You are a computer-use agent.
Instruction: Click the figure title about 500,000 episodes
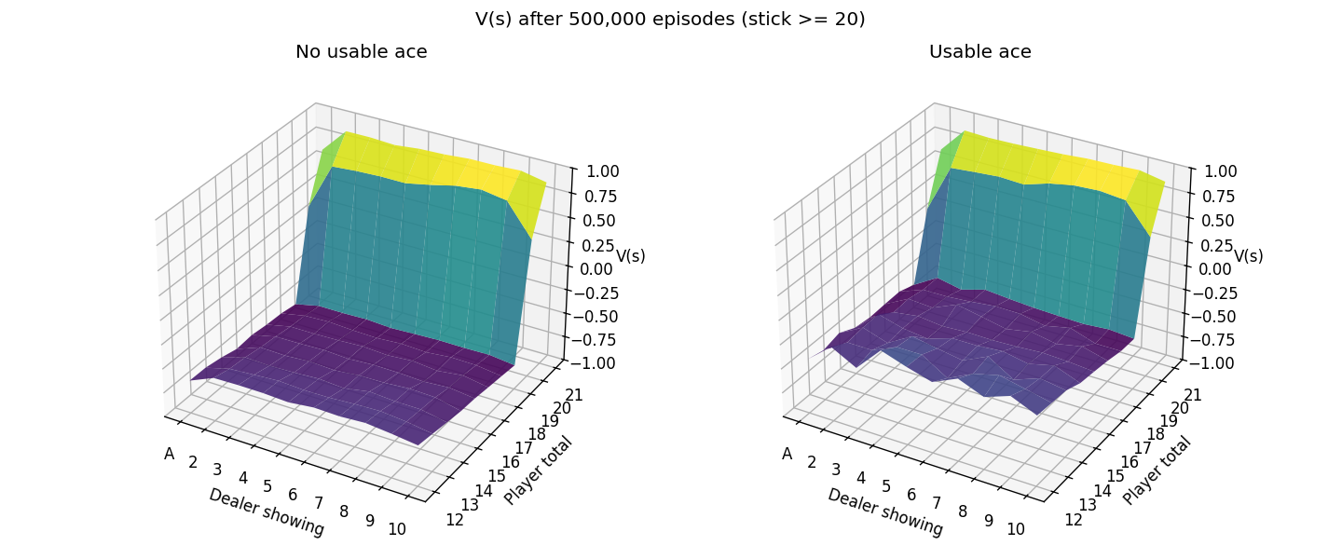[x=670, y=20]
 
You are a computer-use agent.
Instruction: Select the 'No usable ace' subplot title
[x=362, y=51]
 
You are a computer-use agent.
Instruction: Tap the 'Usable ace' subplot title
[x=980, y=51]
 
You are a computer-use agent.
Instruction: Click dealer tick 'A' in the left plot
[x=170, y=454]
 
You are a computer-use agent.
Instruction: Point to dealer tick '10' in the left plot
[x=397, y=529]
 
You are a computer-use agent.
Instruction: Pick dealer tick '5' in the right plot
[x=886, y=486]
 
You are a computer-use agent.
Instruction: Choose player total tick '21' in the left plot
[x=573, y=394]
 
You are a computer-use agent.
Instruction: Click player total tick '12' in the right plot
[x=1074, y=520]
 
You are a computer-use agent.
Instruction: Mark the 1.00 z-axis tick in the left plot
[x=597, y=172]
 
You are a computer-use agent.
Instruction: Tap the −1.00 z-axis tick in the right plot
[x=1212, y=363]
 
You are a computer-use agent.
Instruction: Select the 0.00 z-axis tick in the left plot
[x=597, y=268]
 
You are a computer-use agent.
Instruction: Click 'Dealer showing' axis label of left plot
[x=267, y=511]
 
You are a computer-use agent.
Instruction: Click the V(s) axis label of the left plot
[x=631, y=256]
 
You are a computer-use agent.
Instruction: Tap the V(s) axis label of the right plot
[x=1249, y=256]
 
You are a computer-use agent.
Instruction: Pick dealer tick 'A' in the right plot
[x=787, y=454]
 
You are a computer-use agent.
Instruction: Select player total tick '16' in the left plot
[x=511, y=461]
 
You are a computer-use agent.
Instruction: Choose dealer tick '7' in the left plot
[x=318, y=503]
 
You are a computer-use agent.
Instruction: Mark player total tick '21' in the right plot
[x=1192, y=394]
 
